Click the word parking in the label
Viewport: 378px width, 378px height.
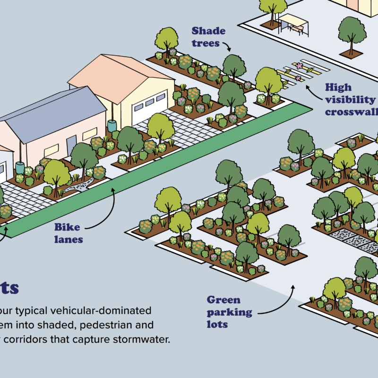tap(229, 312)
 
